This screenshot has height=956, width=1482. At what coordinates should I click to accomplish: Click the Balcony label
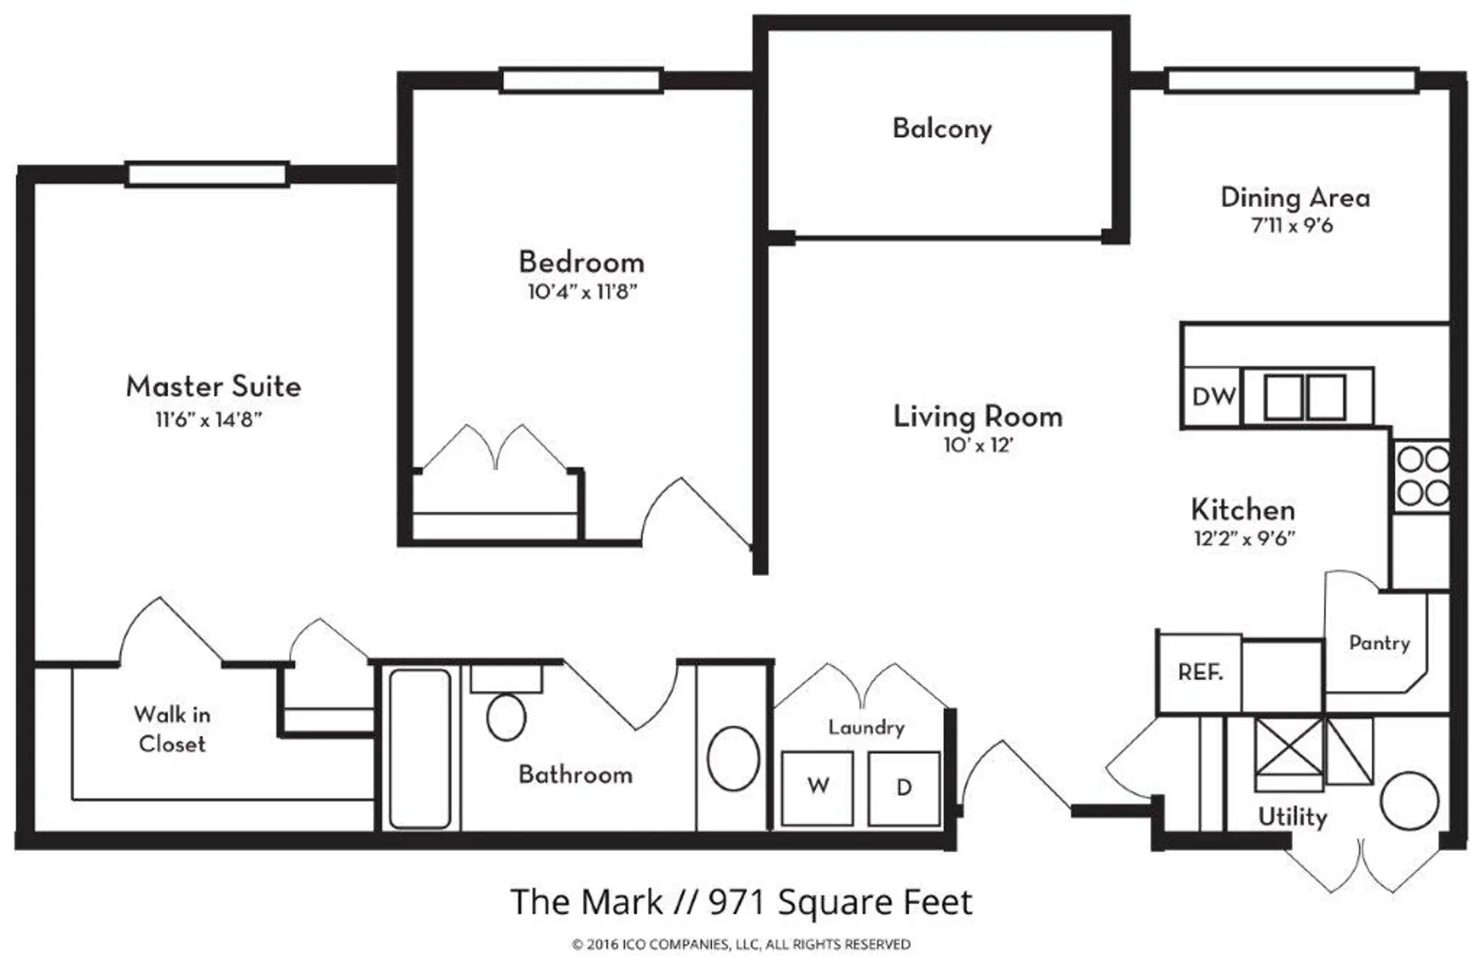941,129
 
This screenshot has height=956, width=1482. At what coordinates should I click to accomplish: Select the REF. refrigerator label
1200,672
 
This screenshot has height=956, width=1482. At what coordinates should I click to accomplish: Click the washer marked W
817,788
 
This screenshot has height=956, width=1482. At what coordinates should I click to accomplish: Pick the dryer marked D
904,788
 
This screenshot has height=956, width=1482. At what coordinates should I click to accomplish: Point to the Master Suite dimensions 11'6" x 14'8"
209,419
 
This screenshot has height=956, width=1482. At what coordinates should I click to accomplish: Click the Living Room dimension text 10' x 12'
978,445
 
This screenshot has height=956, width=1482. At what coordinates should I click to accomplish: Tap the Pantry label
1379,643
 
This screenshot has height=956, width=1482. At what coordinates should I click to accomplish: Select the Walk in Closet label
171,729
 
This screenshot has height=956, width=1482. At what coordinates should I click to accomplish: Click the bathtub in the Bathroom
419,749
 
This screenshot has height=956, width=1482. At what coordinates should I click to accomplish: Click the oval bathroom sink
733,758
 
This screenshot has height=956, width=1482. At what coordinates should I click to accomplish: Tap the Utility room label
1292,817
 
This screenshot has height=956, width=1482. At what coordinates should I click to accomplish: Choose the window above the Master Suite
207,174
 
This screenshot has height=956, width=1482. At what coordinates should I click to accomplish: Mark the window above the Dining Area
1291,80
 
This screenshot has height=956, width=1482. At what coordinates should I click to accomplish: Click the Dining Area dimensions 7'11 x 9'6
1292,225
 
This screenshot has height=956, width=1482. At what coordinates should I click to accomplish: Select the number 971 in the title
738,903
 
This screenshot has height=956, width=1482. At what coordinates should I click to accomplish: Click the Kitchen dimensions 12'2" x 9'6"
1244,539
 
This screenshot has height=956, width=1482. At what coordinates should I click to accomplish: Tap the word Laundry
866,727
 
